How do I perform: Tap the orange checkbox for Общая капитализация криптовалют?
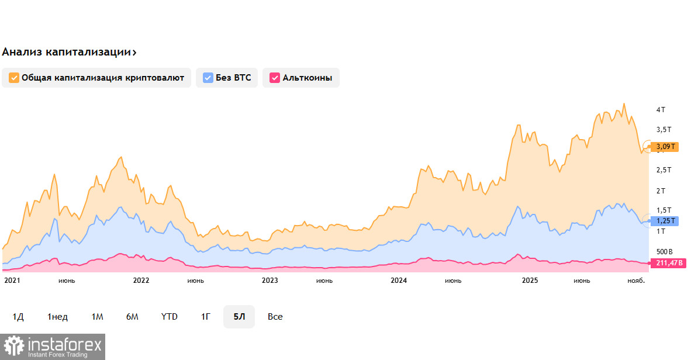13,78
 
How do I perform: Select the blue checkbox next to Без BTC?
208,78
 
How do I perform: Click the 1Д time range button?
18,317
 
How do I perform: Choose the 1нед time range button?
58,317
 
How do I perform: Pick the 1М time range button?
97,317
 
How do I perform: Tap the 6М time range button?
132,317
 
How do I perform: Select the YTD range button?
170,317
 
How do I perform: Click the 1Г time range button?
206,317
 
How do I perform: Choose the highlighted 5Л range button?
239,317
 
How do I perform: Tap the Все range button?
275,317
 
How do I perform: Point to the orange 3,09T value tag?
665,147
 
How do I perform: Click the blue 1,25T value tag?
665,221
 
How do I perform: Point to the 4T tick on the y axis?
661,110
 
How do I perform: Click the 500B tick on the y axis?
665,251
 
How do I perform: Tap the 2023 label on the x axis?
270,281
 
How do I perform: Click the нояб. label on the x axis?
636,281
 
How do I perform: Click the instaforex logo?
53,347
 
